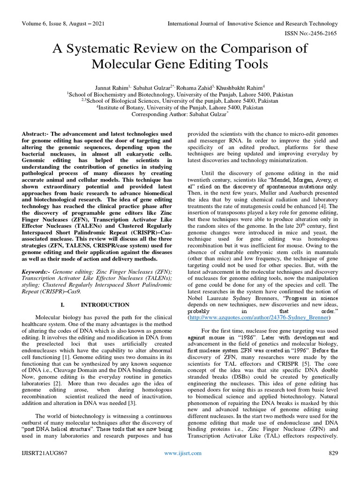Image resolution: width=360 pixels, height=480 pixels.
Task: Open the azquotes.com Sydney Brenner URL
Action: click(259, 317)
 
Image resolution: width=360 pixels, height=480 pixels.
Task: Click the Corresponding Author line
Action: click(180, 114)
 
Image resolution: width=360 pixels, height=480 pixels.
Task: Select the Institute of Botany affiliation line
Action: click(180, 107)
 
